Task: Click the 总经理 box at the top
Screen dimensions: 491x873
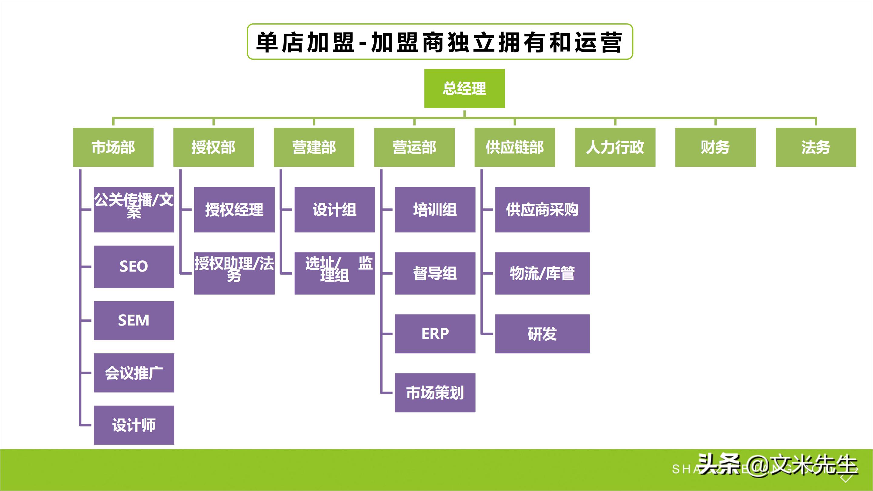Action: point(464,89)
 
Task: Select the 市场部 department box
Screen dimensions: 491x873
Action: point(113,147)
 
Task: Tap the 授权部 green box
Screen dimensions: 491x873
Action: point(213,147)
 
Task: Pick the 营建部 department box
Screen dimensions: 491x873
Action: point(314,147)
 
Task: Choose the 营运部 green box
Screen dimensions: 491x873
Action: point(414,147)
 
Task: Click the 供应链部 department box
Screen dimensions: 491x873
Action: point(514,147)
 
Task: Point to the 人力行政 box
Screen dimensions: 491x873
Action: point(615,147)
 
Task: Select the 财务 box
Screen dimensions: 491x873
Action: point(715,147)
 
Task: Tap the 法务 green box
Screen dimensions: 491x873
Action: point(816,147)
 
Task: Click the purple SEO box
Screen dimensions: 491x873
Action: point(134,266)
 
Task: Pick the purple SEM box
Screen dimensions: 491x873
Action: point(134,320)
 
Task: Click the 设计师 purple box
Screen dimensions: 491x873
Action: point(134,425)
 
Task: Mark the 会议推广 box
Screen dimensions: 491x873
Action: point(134,373)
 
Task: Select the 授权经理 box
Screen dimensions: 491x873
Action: point(234,209)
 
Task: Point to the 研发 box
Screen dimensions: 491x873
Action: point(542,334)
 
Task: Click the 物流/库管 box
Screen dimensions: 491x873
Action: point(542,273)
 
